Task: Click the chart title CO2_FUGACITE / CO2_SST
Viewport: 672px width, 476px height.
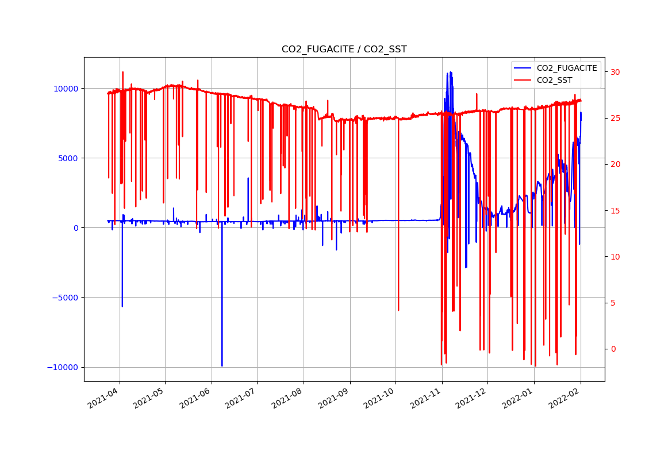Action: coord(344,49)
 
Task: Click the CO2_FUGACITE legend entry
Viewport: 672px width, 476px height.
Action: coord(566,68)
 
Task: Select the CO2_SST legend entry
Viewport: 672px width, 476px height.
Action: coord(554,81)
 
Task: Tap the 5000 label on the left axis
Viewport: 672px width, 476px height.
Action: coord(70,158)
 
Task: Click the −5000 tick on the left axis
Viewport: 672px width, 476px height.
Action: coord(67,298)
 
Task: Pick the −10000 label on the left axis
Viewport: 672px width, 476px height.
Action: coord(65,367)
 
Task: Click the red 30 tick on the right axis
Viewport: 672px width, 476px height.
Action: coord(616,72)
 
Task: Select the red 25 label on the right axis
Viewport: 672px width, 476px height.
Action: coord(616,118)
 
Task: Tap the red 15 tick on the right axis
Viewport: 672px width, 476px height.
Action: coord(616,211)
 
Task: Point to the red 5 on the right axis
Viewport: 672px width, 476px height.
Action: coord(613,303)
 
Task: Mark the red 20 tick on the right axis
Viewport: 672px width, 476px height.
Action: coord(616,164)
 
